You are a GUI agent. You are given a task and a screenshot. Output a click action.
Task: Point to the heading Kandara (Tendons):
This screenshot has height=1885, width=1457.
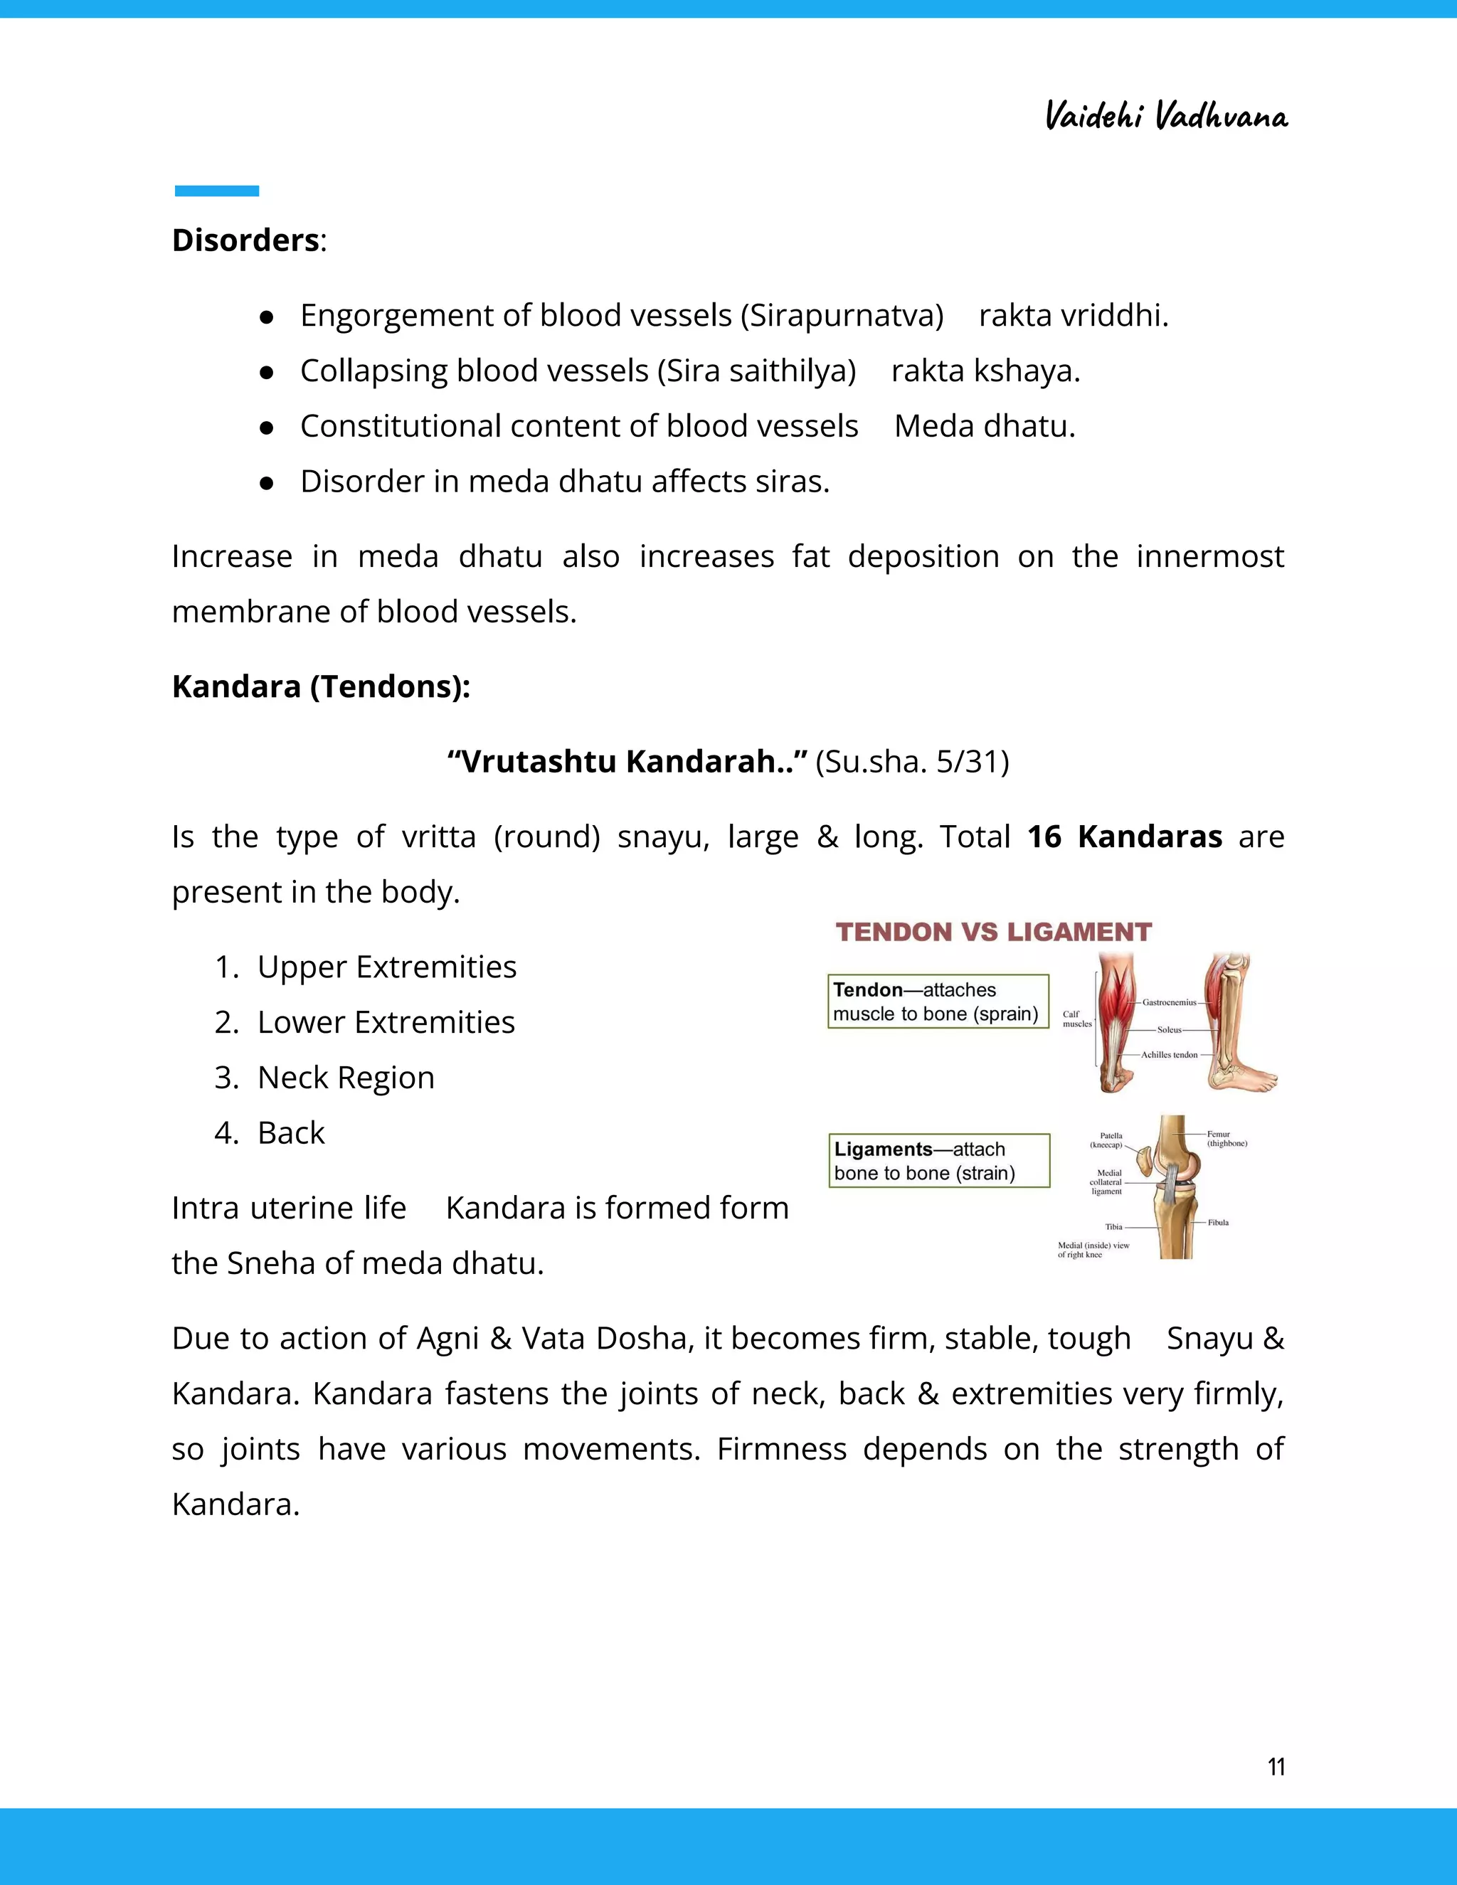pyautogui.click(x=321, y=686)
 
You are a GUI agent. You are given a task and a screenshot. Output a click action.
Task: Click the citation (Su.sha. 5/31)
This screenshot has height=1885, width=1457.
pyautogui.click(x=911, y=761)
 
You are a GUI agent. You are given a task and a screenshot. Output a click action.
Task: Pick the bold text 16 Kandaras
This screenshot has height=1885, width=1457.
pyautogui.click(x=1124, y=837)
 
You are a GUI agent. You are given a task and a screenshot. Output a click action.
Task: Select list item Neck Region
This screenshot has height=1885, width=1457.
pyautogui.click(x=345, y=1077)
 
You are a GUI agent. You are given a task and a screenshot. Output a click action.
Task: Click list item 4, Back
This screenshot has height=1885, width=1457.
pyautogui.click(x=291, y=1132)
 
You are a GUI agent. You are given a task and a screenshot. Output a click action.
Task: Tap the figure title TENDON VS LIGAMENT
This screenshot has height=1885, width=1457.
pyautogui.click(x=993, y=932)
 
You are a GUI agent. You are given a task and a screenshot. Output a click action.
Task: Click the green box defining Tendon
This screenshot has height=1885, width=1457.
pyautogui.click(x=938, y=1002)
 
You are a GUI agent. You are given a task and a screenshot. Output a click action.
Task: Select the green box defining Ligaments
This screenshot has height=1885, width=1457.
pyautogui.click(x=939, y=1161)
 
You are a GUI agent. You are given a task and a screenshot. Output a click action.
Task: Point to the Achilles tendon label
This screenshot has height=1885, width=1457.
pyautogui.click(x=1169, y=1055)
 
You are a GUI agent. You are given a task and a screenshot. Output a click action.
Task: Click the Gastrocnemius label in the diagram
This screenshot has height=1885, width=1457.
pyautogui.click(x=1170, y=1002)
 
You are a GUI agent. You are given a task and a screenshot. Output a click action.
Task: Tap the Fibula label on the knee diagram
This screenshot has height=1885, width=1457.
pyautogui.click(x=1218, y=1222)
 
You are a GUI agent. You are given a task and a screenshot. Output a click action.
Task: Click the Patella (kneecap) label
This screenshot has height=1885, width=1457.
pyautogui.click(x=1109, y=1140)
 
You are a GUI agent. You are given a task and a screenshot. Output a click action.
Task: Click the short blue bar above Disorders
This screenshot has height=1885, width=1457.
pyautogui.click(x=217, y=191)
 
